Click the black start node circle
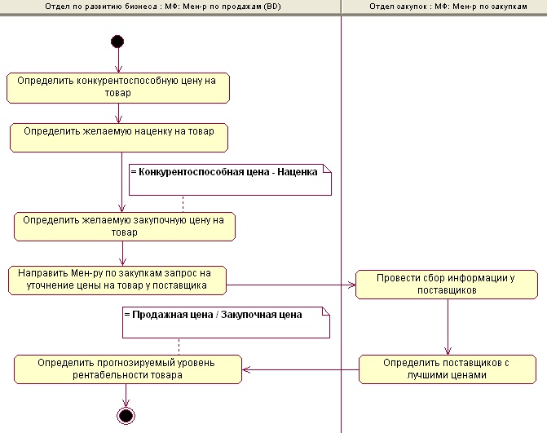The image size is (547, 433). pos(117,41)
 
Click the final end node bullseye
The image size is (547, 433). pos(126,416)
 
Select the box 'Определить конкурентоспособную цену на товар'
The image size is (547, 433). pos(117,87)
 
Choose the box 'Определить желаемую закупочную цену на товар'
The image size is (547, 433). pos(124,226)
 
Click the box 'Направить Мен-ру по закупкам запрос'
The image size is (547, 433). pos(117,279)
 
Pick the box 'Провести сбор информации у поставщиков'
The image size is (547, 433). pos(447,284)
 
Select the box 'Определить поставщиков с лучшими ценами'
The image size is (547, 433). pos(448,369)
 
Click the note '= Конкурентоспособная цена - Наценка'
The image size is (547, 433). pos(231,179)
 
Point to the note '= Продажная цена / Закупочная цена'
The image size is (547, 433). pos(227,323)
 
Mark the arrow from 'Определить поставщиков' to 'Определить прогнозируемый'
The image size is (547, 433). pos(302,370)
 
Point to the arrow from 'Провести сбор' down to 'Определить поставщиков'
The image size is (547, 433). pos(447,326)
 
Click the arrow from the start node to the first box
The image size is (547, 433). pos(117,60)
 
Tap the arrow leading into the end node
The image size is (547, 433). pos(126,395)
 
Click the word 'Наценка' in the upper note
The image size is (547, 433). pos(298,172)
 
